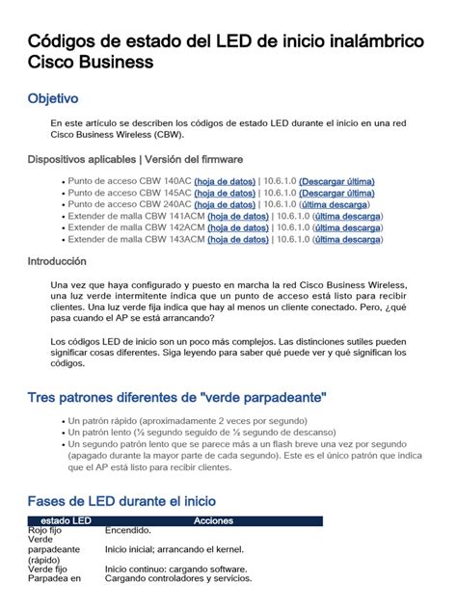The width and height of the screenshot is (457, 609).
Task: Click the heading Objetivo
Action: point(53,99)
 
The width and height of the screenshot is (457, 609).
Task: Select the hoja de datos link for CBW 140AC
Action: point(225,181)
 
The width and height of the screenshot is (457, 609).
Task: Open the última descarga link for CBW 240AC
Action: point(334,204)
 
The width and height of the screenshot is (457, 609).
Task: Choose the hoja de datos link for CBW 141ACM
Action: point(236,216)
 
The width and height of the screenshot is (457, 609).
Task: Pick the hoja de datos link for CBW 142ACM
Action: point(236,227)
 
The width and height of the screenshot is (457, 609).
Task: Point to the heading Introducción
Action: point(57,261)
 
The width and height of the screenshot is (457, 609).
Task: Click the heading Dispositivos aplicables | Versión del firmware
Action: point(135,159)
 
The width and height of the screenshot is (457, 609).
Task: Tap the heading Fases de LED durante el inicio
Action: point(121,501)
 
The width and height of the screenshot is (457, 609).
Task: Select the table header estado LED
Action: point(61,520)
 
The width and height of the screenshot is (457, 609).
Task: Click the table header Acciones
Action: point(213,520)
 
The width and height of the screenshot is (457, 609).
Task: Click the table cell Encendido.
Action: point(128,530)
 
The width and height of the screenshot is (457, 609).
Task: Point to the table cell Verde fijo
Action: point(47,569)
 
